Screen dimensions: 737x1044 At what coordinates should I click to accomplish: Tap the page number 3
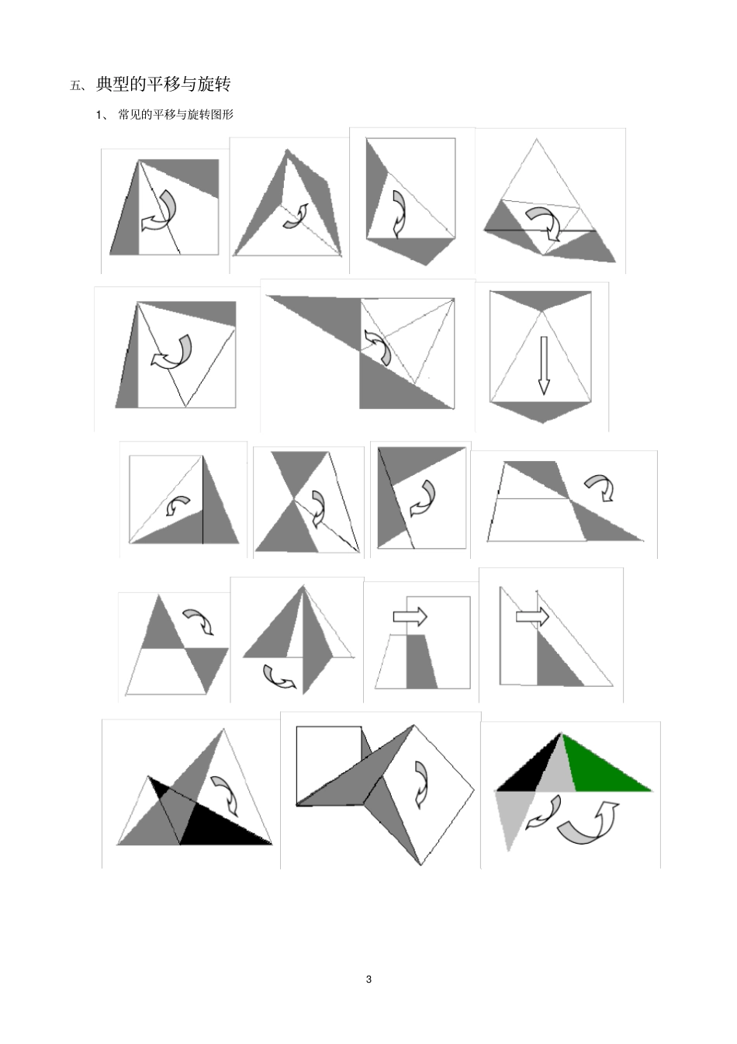pyautogui.click(x=369, y=980)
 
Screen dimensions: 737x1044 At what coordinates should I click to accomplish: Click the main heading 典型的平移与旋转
pyautogui.click(x=164, y=85)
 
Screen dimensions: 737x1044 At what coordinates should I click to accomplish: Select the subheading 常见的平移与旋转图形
pyautogui.click(x=175, y=115)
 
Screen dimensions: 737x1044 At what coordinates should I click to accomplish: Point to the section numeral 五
pyautogui.click(x=75, y=85)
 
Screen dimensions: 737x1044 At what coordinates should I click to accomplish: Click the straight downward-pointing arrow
pyautogui.click(x=544, y=366)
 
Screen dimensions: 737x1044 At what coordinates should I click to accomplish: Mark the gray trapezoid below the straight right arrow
pyautogui.click(x=421, y=661)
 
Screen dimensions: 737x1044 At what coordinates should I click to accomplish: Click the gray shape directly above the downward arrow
pyautogui.click(x=541, y=300)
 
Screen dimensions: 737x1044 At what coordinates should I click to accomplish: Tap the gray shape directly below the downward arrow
pyautogui.click(x=542, y=411)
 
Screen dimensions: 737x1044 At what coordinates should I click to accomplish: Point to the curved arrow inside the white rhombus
pyautogui.click(x=420, y=785)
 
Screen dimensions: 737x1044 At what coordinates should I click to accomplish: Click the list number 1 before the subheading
pyautogui.click(x=99, y=115)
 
